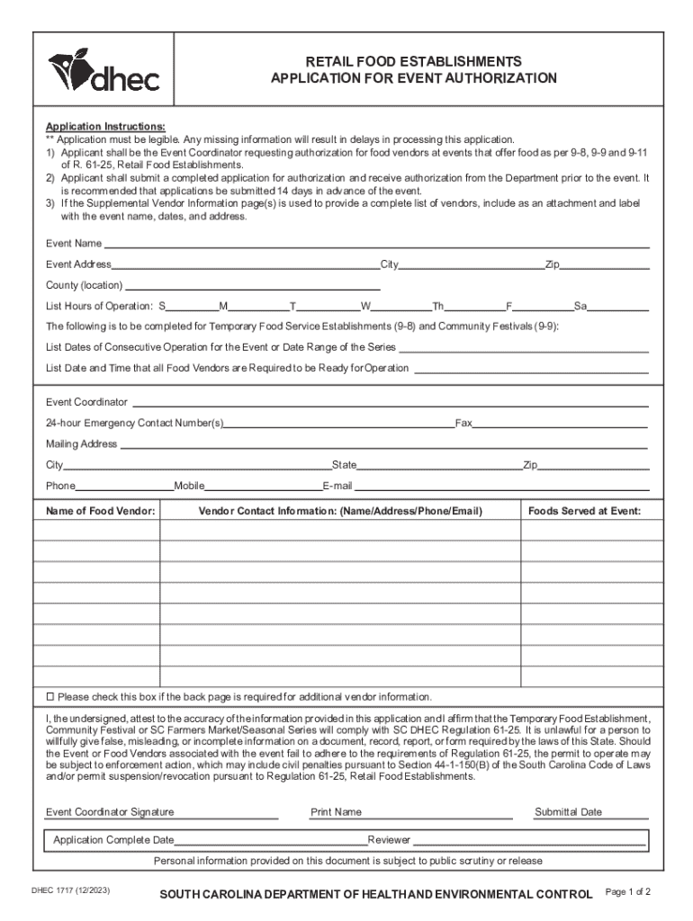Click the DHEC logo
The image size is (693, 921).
click(103, 71)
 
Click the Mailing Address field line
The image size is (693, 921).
click(383, 444)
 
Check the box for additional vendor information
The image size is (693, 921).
click(50, 697)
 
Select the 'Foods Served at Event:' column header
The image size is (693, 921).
click(584, 511)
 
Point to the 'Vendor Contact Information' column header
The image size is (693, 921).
click(340, 511)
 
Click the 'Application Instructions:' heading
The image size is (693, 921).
click(105, 127)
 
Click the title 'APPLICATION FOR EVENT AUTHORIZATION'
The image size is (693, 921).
click(414, 79)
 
